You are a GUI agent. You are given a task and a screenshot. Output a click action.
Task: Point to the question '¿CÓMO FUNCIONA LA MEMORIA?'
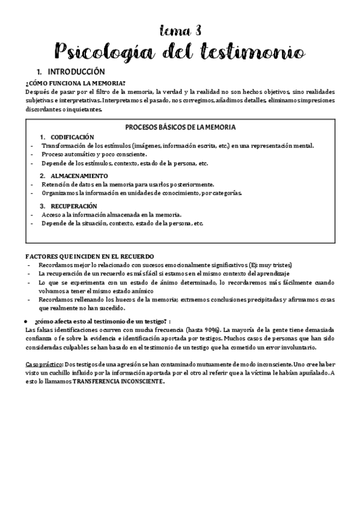tap(75, 83)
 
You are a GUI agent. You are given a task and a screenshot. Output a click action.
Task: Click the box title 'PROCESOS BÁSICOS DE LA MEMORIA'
tap(180, 127)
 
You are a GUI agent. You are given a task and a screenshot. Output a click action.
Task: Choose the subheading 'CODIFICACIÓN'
tap(73, 137)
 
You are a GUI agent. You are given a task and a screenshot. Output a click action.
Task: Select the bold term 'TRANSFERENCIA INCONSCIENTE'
tap(121, 381)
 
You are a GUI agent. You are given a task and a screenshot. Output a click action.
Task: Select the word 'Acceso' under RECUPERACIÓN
tap(51, 214)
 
